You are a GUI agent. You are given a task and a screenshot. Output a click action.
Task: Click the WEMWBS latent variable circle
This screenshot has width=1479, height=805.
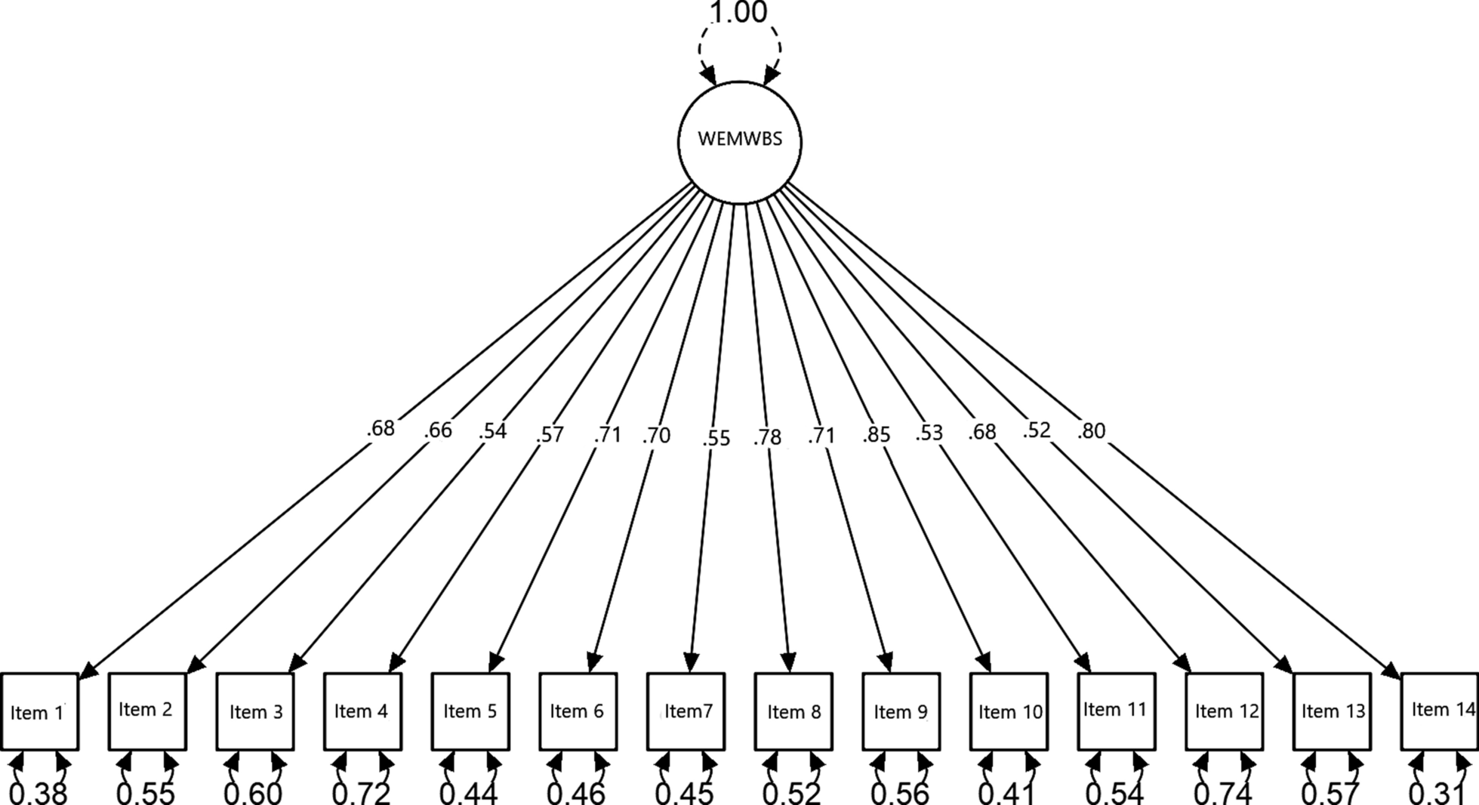coord(739,142)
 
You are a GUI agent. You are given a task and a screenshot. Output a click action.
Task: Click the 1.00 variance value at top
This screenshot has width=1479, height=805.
coord(738,13)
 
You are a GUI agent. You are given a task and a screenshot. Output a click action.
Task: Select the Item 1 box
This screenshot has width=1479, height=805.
coord(39,711)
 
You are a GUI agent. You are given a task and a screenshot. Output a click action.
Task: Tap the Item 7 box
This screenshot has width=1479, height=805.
coord(686,711)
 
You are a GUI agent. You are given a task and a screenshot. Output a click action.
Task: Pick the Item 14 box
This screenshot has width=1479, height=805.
coord(1440,711)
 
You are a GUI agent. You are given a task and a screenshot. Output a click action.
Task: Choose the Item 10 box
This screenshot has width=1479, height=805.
coord(1009,711)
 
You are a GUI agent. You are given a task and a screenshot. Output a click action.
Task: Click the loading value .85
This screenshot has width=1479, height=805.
coord(877,435)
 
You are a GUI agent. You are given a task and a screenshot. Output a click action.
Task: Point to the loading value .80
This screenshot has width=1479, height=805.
coord(1092,431)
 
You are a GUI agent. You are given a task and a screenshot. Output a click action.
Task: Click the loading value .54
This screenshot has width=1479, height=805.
coord(492,432)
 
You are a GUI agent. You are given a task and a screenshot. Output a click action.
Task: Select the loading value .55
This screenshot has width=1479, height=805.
coord(716,438)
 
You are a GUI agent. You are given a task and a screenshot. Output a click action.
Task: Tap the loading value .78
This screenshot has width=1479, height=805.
coord(767,436)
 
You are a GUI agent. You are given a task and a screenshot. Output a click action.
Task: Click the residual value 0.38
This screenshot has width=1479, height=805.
coord(39,793)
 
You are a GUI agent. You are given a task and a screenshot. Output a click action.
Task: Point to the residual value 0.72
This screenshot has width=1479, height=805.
coord(362,793)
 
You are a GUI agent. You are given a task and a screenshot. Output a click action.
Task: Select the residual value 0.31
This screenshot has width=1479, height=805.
coord(1438,793)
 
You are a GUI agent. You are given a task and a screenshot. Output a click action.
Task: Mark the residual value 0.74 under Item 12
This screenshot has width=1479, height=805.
coord(1223,793)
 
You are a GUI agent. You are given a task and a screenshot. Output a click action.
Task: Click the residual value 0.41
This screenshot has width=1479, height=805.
coord(1007,793)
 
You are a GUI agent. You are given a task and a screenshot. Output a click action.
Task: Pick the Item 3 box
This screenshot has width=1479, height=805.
coord(255,711)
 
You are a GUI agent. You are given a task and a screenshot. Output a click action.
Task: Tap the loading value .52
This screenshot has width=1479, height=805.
coord(1037,430)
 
